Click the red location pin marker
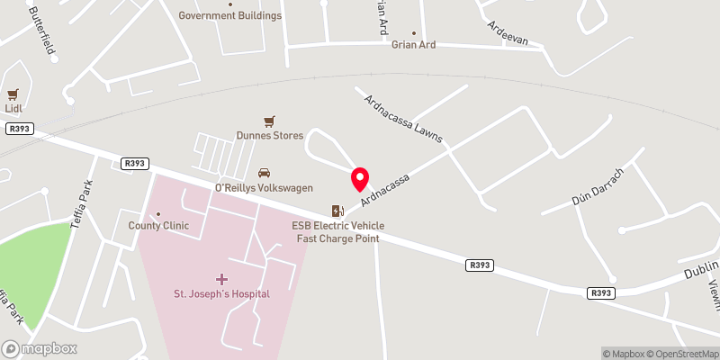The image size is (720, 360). click(x=360, y=178)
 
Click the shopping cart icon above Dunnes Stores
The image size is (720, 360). click(x=268, y=121)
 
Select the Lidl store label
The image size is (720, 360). click(x=13, y=108)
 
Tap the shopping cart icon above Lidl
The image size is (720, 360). click(x=13, y=94)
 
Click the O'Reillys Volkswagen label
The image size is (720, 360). click(x=264, y=187)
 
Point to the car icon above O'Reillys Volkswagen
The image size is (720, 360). click(x=264, y=172)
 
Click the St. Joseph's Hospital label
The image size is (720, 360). click(x=221, y=294)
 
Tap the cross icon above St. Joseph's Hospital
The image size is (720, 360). click(x=222, y=279)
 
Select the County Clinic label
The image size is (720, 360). click(x=158, y=225)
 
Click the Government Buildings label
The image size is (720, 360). click(x=229, y=15)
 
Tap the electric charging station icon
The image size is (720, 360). click(x=337, y=209)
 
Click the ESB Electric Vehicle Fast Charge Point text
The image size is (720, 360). click(x=337, y=231)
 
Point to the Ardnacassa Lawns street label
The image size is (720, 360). click(x=402, y=117)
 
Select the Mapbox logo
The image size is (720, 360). click(x=37, y=348)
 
